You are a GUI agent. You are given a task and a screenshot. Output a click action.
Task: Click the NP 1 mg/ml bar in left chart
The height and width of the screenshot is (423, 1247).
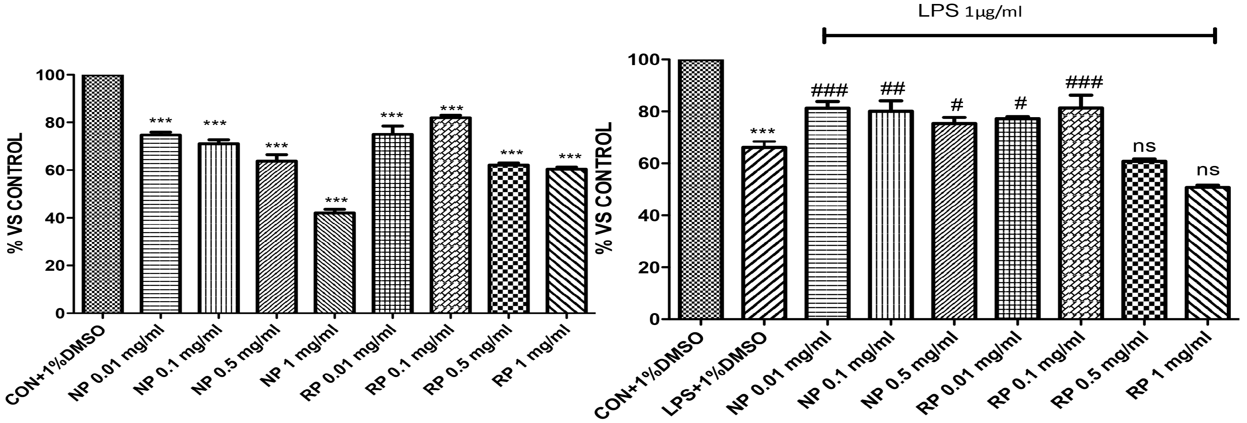pos(334,262)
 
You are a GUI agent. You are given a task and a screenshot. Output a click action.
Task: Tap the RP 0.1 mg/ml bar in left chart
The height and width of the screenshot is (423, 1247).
pos(450,215)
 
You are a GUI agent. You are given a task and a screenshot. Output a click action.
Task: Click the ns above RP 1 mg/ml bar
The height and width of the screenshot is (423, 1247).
pos(1208,170)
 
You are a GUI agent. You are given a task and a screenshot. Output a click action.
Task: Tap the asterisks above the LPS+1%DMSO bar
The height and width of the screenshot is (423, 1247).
pos(763,132)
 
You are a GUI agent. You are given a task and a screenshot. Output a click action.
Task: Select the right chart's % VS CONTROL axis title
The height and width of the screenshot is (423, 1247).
pos(604,188)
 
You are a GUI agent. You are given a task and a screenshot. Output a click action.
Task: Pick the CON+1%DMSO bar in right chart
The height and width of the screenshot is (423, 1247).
pos(700,190)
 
